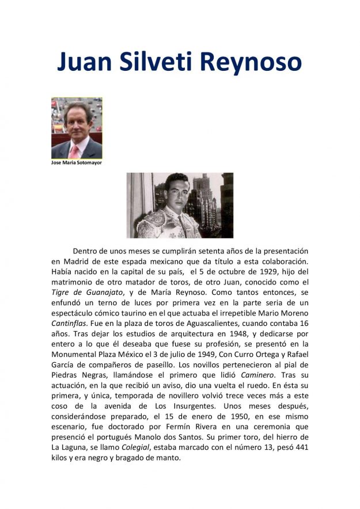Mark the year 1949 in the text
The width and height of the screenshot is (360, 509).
[215, 355]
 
